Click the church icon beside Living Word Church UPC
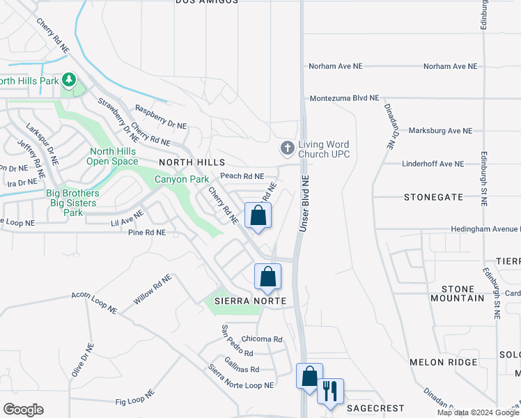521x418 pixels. [286, 148]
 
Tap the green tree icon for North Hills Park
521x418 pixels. [68, 81]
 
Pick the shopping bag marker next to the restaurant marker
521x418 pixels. [309, 376]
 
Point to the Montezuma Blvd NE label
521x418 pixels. [344, 98]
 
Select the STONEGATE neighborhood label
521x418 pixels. [433, 197]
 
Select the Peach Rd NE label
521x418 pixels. [242, 176]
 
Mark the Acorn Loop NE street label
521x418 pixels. [94, 302]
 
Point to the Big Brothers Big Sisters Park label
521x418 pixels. [72, 203]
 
